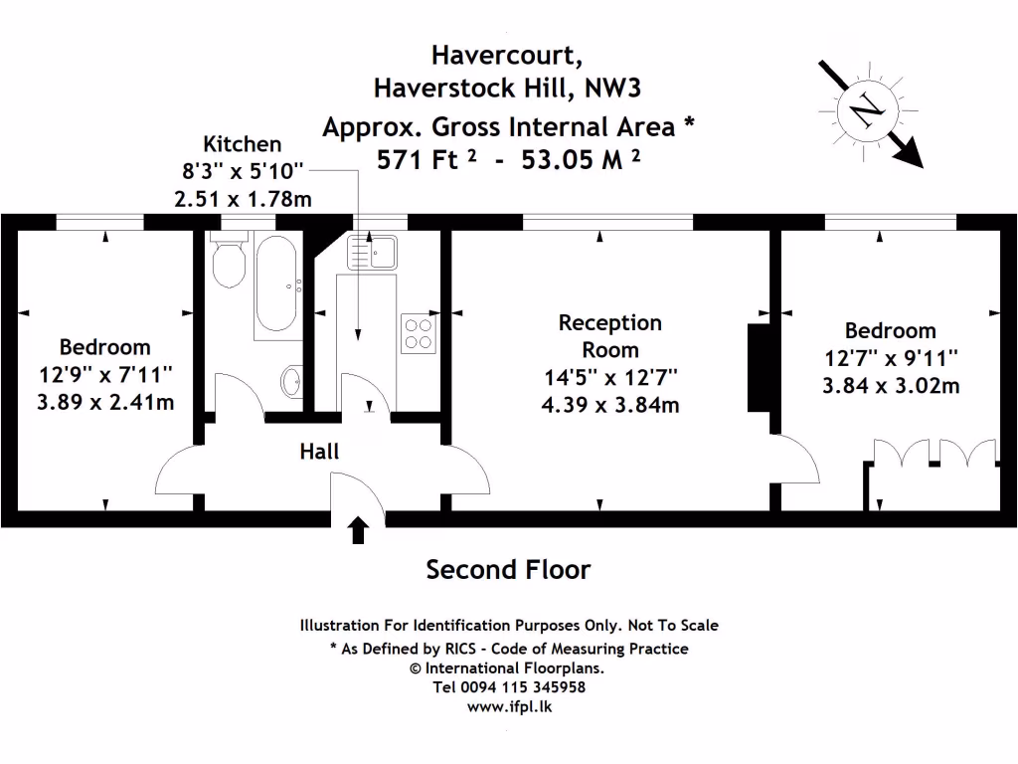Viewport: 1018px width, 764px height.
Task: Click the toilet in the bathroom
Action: coord(230,262)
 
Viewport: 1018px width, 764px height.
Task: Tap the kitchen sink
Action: coord(372,251)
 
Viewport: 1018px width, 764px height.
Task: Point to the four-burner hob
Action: coord(419,333)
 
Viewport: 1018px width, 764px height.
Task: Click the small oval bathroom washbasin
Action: coord(291,379)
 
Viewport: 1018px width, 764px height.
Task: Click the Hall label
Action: coord(319,452)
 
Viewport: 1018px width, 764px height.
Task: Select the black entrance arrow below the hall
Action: coord(358,530)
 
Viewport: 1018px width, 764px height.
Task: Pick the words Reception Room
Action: coord(610,336)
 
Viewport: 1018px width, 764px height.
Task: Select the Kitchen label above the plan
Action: coord(242,144)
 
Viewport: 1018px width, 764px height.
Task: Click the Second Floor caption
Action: coord(508,570)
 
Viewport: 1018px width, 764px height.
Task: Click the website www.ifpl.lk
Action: coord(509,706)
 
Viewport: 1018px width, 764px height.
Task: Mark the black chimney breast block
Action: coord(759,367)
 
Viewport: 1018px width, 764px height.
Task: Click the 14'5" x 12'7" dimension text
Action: coord(610,377)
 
